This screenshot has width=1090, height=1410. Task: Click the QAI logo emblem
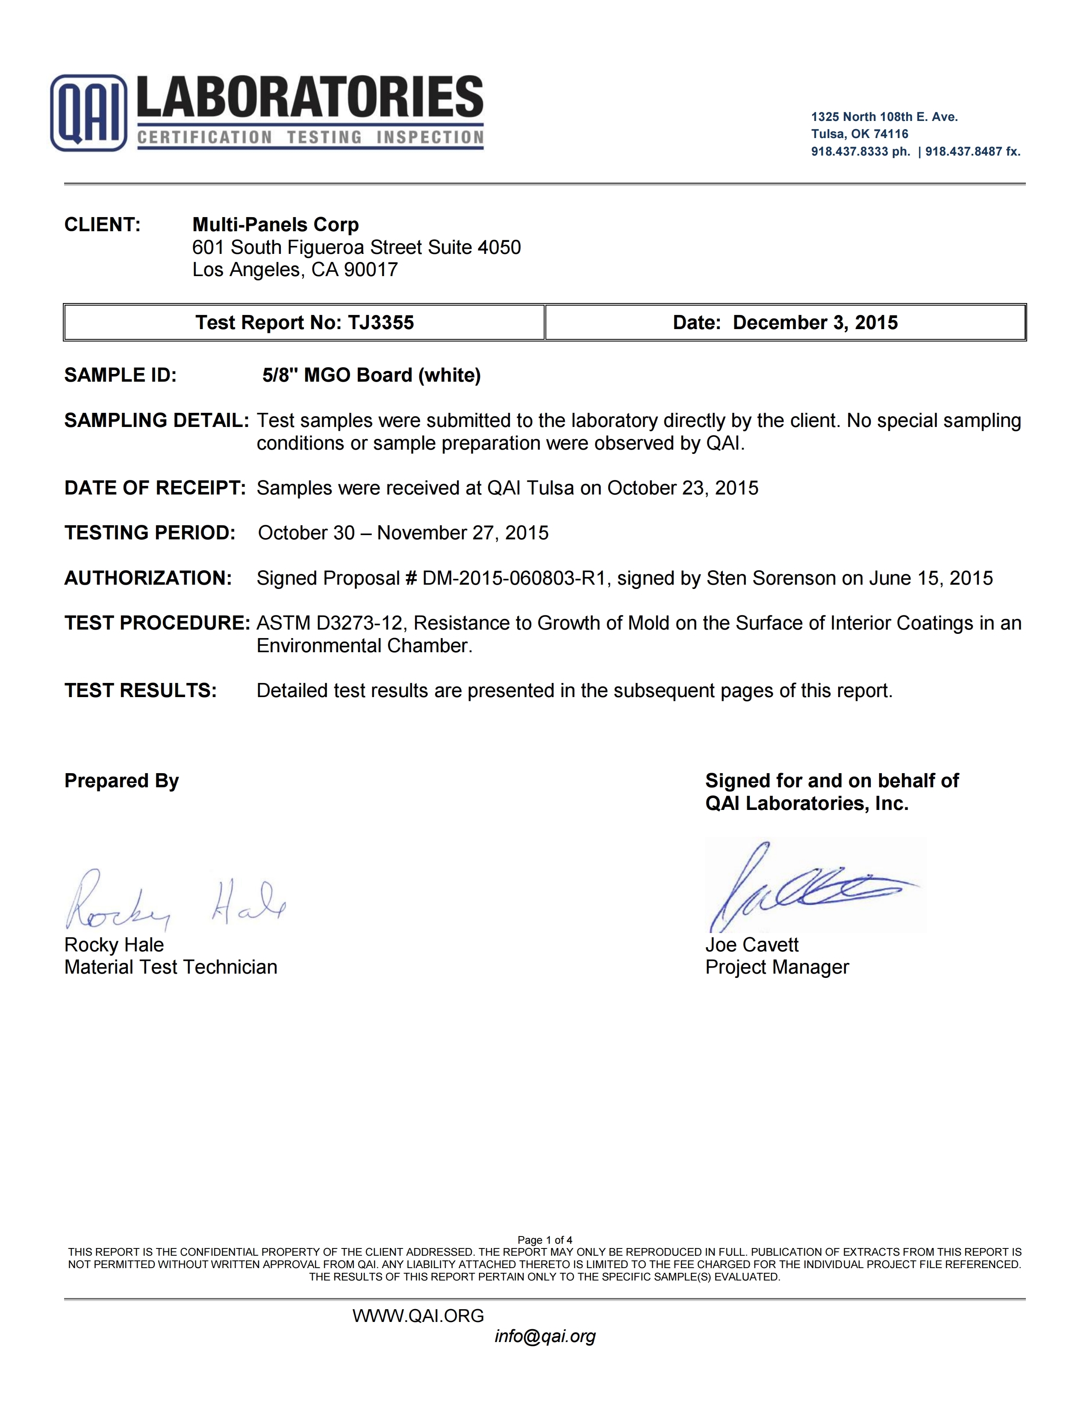point(88,113)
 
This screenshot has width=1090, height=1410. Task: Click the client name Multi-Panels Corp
point(275,225)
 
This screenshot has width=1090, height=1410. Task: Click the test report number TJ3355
point(381,323)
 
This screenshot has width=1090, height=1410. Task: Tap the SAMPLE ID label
point(120,375)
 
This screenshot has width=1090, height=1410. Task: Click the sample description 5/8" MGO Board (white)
point(371,375)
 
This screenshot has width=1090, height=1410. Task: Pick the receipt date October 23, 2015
point(683,488)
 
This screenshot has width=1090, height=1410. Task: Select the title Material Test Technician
point(171,967)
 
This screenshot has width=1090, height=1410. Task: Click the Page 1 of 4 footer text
point(544,1240)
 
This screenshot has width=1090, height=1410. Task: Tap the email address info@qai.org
point(544,1336)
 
